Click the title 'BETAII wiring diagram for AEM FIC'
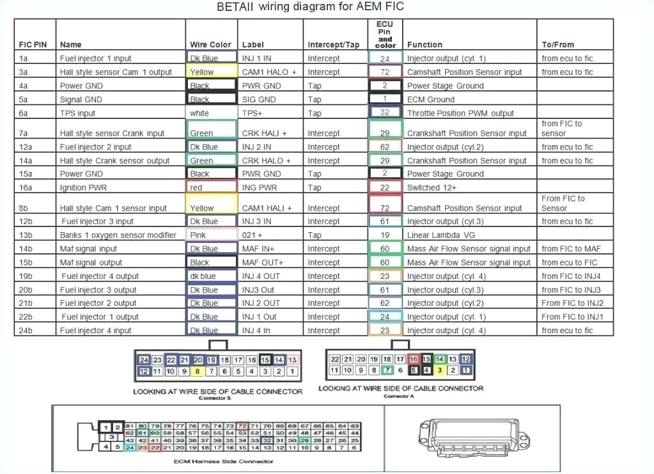pos(310,7)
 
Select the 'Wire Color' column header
pos(210,45)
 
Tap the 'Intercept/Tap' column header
pos(333,45)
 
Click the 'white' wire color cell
pos(199,113)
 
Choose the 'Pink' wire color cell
pos(198,235)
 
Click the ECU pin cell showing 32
pos(385,113)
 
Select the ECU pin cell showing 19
pos(385,235)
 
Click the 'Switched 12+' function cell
pos(433,187)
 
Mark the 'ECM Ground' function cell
pos(431,99)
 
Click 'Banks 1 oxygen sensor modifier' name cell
pos(118,235)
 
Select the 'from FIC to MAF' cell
pos(571,249)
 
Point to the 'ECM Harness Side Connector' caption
pos(223,461)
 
